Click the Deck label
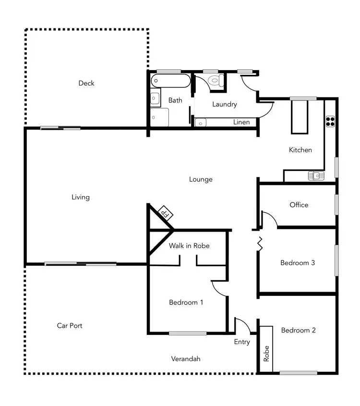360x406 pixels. pos(86,83)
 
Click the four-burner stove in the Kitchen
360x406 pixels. pos(330,121)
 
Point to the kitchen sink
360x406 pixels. pos(316,176)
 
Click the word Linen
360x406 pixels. pos(241,122)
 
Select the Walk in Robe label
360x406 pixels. pos(189,246)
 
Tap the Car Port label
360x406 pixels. pos(70,325)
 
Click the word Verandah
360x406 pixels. pos(186,358)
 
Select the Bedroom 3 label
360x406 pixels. pos(298,263)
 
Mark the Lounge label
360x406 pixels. pos(201,179)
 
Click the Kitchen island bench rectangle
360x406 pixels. pos(299,117)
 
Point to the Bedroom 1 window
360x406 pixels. pos(188,333)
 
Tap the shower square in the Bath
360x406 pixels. pos(159,117)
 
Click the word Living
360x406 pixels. pos(81,197)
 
